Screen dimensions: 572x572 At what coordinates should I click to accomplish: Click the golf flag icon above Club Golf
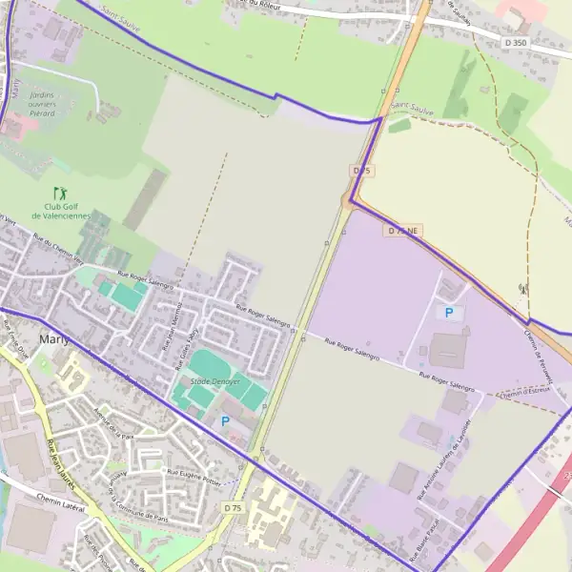pyautogui.click(x=60, y=192)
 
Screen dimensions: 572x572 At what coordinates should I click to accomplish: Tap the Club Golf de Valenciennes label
pyautogui.click(x=60, y=211)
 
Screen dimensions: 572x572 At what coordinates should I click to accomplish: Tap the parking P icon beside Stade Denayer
pyautogui.click(x=225, y=420)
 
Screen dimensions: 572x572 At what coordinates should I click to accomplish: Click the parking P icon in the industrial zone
pyautogui.click(x=449, y=312)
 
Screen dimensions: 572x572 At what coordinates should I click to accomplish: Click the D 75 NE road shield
pyautogui.click(x=403, y=231)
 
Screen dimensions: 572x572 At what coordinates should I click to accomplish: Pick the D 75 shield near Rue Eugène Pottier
pyautogui.click(x=233, y=509)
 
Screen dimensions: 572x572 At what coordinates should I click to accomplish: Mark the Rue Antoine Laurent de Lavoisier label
pyautogui.click(x=445, y=448)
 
